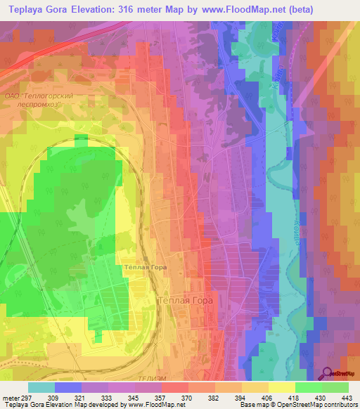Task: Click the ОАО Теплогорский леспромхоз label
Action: (x=49, y=99)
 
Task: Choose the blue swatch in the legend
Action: (x=67, y=387)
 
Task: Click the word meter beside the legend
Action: (x=10, y=396)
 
